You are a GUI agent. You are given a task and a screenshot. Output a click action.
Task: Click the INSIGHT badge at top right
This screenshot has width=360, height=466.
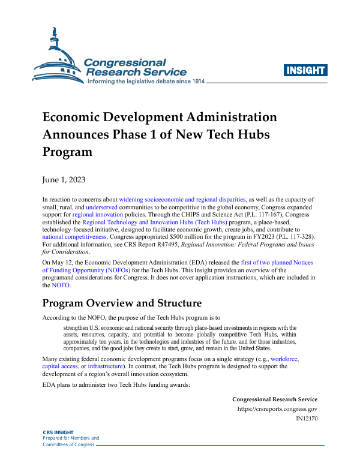[306, 71]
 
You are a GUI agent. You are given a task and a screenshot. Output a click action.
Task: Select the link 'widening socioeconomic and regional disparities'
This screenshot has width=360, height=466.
[182, 199]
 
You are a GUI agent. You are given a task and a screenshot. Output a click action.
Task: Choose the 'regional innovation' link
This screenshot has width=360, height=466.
[98, 214]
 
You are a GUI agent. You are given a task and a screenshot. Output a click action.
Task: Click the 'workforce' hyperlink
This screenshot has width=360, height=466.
[284, 359]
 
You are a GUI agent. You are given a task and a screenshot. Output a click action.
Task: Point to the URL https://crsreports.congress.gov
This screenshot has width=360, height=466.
[277, 409]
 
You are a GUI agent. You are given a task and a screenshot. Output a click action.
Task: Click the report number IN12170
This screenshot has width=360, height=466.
[306, 419]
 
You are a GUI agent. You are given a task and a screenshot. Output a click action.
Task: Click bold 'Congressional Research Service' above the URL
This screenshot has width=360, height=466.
[275, 399]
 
